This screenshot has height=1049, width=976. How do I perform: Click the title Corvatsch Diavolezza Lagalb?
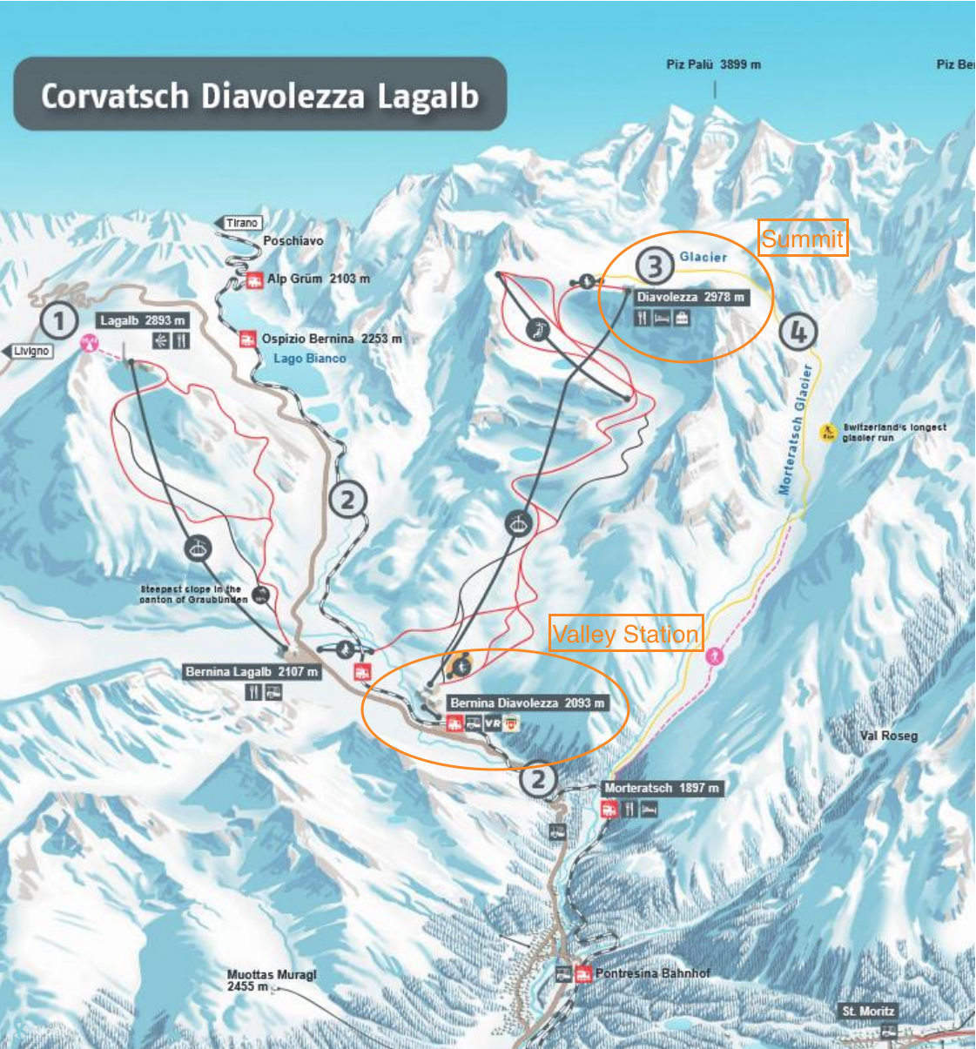tap(259, 95)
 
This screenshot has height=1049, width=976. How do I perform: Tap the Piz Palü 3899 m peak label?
tap(713, 64)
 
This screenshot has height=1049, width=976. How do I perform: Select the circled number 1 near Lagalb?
tap(59, 321)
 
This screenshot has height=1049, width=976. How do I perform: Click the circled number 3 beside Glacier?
tap(654, 266)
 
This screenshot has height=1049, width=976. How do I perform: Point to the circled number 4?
tap(797, 332)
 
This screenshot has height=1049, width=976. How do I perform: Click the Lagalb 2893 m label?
tap(143, 321)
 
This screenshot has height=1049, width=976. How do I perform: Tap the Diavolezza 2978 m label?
tap(690, 297)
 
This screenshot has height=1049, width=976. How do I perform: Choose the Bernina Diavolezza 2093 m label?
tap(527, 703)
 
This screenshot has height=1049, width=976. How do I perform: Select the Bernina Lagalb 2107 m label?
tap(252, 671)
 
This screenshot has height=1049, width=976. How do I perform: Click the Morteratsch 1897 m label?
tap(662, 788)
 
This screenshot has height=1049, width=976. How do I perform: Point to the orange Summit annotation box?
tap(802, 238)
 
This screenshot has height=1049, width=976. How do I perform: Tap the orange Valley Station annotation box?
tap(625, 634)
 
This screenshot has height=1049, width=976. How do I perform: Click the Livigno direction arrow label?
tap(30, 351)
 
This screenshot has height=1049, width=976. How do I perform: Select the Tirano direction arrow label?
tap(239, 223)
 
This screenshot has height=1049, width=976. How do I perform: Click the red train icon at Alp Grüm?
tap(254, 279)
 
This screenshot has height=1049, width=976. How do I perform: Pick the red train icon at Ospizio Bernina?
tap(248, 339)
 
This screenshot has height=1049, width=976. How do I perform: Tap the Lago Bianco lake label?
tap(309, 358)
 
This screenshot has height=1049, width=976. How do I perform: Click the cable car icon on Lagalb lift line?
tap(199, 548)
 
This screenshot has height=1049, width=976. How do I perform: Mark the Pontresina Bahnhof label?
tap(652, 973)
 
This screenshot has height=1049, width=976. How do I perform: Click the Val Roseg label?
tap(888, 736)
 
